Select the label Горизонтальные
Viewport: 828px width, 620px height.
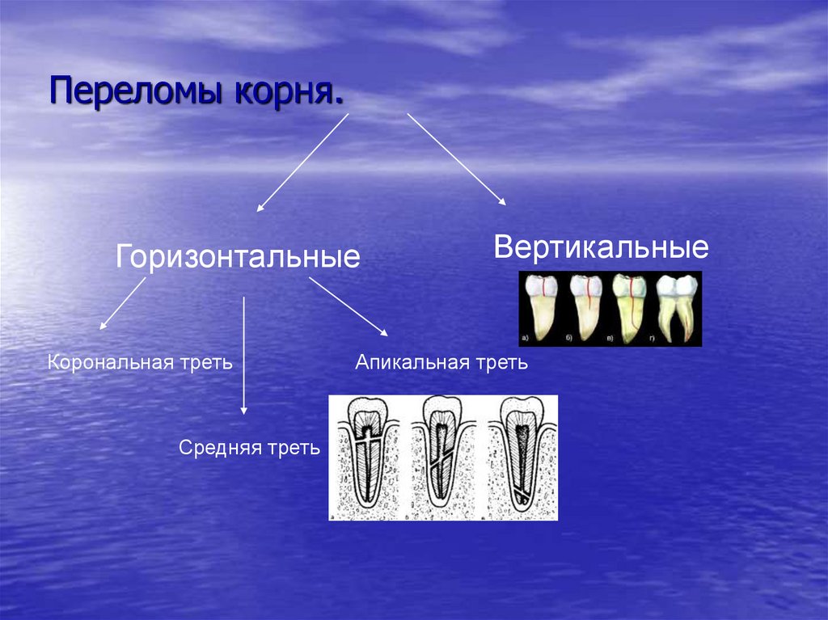pos(238,258)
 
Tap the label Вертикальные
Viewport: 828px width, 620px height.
pos(602,247)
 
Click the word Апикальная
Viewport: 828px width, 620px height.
pos(407,362)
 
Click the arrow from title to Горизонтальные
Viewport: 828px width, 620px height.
pos(302,162)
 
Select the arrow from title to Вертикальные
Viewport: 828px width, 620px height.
pos(456,158)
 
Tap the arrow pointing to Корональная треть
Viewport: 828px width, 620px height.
pos(122,303)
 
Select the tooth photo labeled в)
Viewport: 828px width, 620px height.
pos(628,307)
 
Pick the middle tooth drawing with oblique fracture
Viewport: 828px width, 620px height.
pos(443,457)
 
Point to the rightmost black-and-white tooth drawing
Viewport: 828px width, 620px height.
pos(521,457)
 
